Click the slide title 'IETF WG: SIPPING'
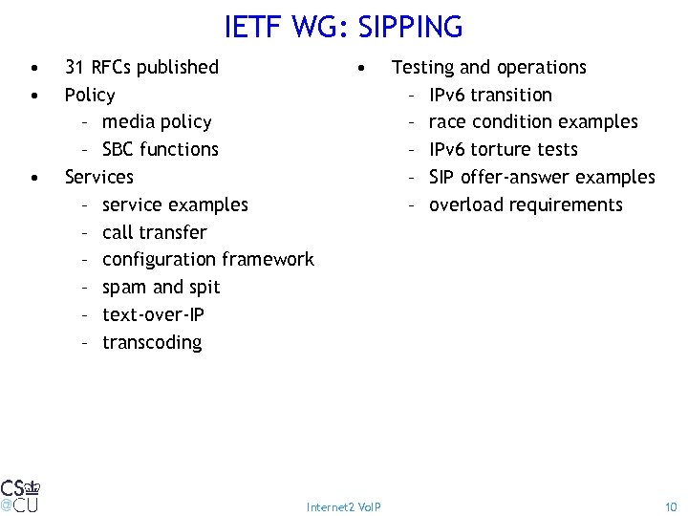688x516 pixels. pyautogui.click(x=343, y=27)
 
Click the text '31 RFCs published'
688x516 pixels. pyautogui.click(x=141, y=67)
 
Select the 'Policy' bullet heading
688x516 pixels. pyautogui.click(x=89, y=95)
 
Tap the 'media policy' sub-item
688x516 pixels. pyautogui.click(x=157, y=121)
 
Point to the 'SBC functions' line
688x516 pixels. pyautogui.click(x=160, y=149)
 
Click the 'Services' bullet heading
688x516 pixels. pyautogui.click(x=98, y=177)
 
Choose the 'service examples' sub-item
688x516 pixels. pyautogui.click(x=175, y=204)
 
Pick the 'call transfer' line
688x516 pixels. pyautogui.click(x=154, y=232)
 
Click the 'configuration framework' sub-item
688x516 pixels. pyautogui.click(x=207, y=259)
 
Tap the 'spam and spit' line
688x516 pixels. pyautogui.click(x=161, y=287)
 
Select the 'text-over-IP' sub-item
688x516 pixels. pyautogui.click(x=153, y=314)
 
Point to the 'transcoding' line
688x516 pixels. pyautogui.click(x=152, y=342)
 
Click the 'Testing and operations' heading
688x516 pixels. pyautogui.click(x=488, y=67)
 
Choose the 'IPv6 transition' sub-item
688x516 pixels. pyautogui.click(x=490, y=95)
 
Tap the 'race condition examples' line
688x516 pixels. pyautogui.click(x=533, y=121)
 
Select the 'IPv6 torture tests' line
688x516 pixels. pyautogui.click(x=504, y=149)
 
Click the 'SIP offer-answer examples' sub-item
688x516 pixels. pyautogui.click(x=542, y=177)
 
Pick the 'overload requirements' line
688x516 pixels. pyautogui.click(x=526, y=204)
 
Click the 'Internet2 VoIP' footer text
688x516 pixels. pyautogui.click(x=343, y=506)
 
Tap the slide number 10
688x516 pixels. pyautogui.click(x=670, y=506)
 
